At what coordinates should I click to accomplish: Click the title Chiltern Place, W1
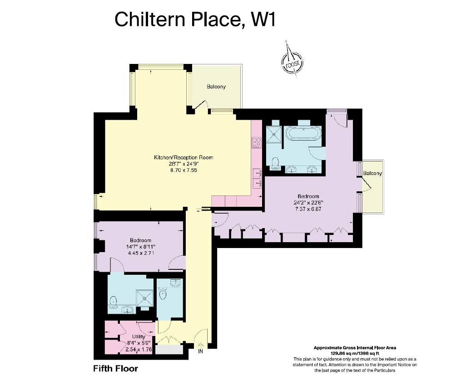(x=195, y=19)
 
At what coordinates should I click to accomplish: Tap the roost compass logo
(x=292, y=62)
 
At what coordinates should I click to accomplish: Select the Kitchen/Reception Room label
(x=183, y=157)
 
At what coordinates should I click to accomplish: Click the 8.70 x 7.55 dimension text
(x=183, y=170)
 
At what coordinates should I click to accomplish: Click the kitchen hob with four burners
(x=256, y=142)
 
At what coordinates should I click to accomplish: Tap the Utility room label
(x=139, y=337)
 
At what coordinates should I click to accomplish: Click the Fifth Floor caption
(x=116, y=368)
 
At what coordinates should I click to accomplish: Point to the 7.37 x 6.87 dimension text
(x=308, y=209)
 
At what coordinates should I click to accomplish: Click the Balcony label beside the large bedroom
(x=372, y=173)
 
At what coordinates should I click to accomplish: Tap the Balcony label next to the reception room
(x=216, y=87)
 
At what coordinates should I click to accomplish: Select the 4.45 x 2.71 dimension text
(x=141, y=253)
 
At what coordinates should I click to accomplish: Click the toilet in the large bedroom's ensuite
(x=275, y=164)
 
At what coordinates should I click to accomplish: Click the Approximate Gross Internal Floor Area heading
(x=355, y=348)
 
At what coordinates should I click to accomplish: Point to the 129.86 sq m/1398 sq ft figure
(x=355, y=353)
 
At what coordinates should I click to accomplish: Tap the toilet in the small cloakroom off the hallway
(x=163, y=294)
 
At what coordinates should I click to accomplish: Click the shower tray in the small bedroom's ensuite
(x=145, y=298)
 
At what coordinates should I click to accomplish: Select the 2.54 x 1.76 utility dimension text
(x=139, y=350)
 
